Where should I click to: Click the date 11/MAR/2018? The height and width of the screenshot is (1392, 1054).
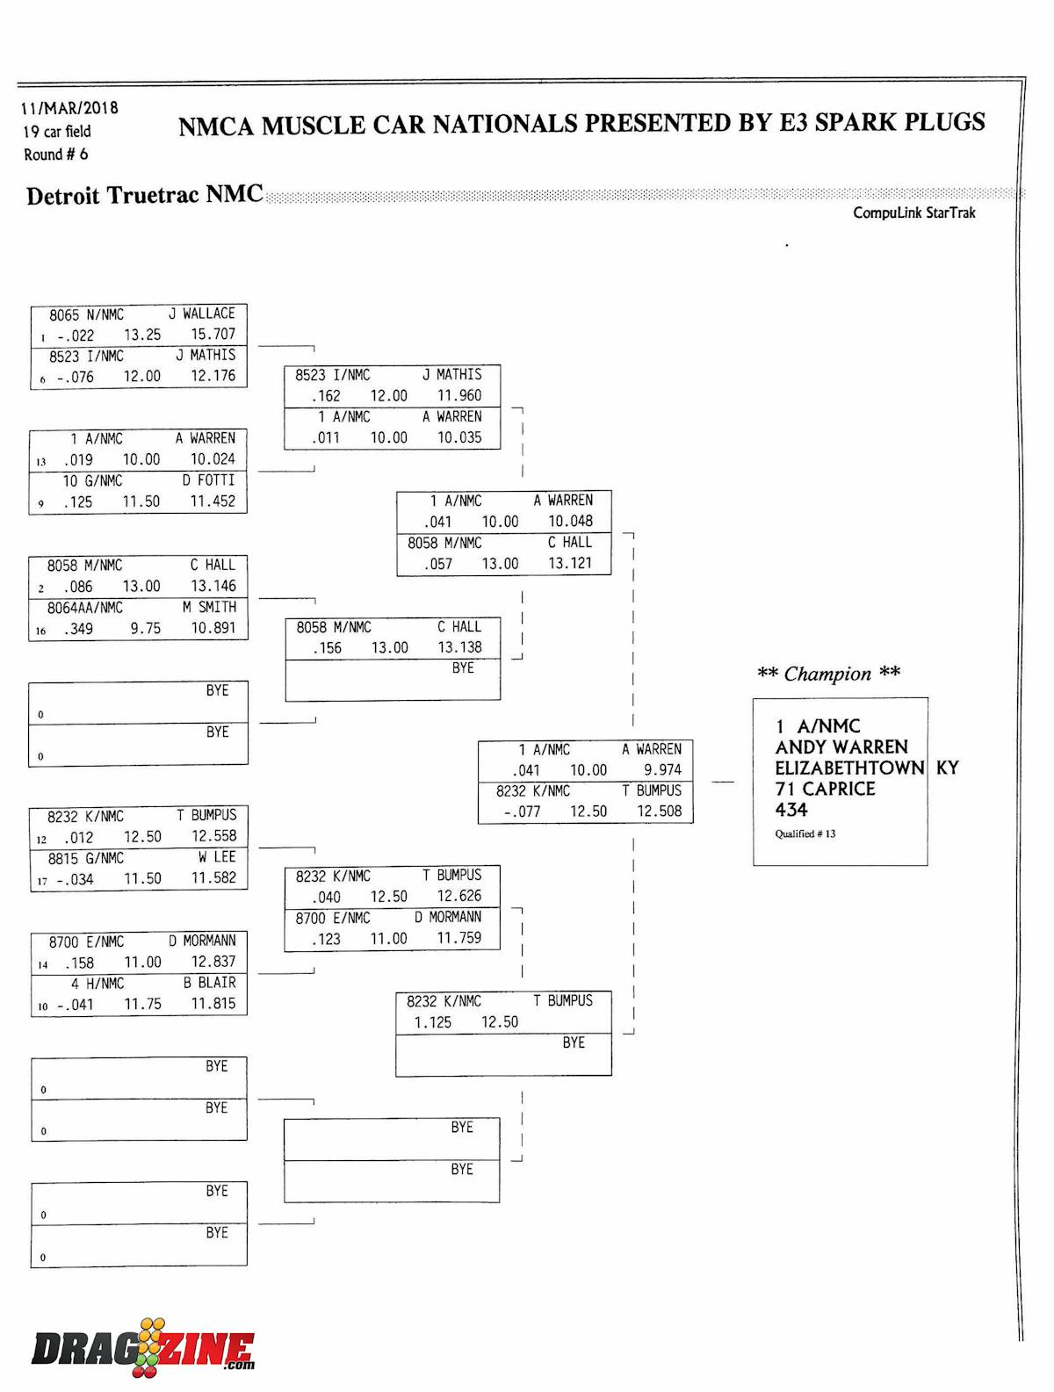(69, 108)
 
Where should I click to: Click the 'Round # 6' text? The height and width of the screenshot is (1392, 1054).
(56, 155)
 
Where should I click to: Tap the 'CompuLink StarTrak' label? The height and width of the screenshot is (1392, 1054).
(913, 213)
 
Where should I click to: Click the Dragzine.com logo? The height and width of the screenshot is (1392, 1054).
(143, 1349)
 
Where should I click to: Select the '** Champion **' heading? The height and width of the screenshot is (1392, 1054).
(828, 674)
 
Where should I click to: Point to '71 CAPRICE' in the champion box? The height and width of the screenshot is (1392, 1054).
(825, 789)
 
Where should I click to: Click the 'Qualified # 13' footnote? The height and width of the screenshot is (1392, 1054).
(805, 833)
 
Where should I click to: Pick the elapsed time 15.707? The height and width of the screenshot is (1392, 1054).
(213, 334)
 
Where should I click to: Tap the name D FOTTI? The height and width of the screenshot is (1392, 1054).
(208, 480)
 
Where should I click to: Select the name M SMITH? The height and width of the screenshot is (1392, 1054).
(209, 607)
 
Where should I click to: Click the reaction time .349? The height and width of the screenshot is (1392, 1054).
(78, 629)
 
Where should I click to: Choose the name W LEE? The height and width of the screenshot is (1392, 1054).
(217, 857)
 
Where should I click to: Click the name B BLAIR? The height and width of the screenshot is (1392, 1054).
(209, 983)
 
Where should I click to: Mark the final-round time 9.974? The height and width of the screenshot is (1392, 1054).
(662, 770)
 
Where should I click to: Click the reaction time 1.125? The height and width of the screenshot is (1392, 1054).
(432, 1022)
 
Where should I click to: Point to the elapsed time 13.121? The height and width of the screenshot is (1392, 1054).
(570, 563)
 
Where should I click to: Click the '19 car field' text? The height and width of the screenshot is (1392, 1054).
(57, 132)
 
